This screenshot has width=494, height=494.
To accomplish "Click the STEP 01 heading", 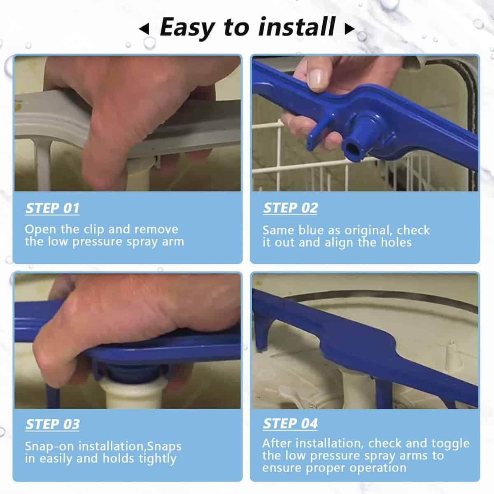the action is (x=52, y=208).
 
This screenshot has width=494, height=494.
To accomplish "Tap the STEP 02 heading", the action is (x=291, y=208).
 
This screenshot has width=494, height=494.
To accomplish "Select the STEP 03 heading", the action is (x=53, y=424).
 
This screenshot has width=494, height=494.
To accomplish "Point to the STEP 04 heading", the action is (x=290, y=424).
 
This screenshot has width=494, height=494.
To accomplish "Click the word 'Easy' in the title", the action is (x=187, y=28).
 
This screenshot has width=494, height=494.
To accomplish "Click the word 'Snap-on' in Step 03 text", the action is (x=49, y=447).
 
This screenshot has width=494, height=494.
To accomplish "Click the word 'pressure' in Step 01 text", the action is (x=97, y=242).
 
